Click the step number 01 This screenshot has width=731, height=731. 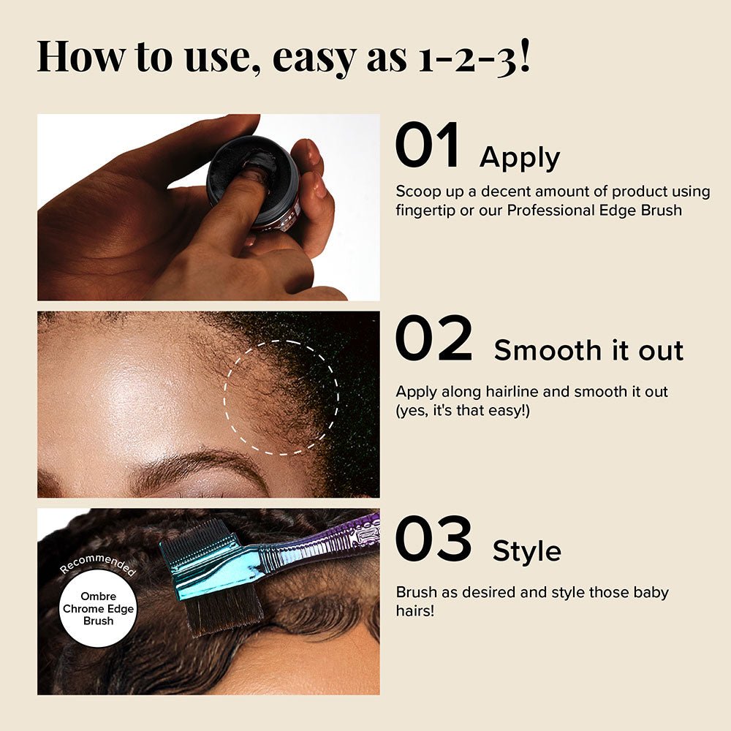428,145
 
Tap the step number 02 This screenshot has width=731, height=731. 434,338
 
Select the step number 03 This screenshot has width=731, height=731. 433,539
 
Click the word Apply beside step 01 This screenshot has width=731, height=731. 520,159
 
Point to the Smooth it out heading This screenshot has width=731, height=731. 588,350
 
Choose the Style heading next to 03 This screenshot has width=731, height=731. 527,552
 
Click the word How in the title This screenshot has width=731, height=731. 81,56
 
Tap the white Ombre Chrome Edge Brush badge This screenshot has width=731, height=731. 99,608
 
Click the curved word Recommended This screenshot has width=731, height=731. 98,562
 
